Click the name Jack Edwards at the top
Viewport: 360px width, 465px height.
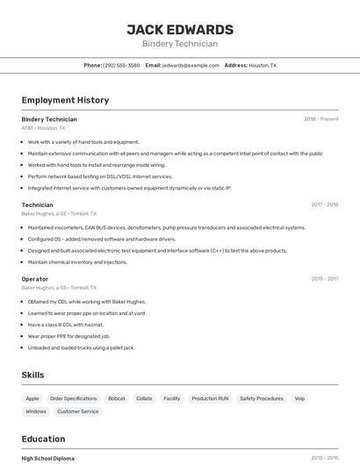point(179,30)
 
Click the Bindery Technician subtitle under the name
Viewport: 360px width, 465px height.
point(179,44)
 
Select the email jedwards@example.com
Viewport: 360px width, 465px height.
point(191,65)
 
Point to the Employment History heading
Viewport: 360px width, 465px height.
point(65,100)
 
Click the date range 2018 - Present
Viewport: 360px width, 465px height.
point(320,119)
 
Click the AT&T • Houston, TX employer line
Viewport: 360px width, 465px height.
point(43,128)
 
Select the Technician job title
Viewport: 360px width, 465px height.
point(37,204)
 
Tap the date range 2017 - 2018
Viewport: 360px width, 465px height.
point(324,204)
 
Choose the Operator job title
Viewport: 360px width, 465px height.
point(35,279)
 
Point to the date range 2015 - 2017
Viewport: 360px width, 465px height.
point(324,279)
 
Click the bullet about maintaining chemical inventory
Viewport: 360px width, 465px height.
point(77,261)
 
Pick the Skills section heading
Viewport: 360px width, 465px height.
point(32,375)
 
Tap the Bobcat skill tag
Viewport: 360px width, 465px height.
point(116,398)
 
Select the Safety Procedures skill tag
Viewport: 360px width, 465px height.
point(262,398)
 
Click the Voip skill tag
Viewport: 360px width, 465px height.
point(299,398)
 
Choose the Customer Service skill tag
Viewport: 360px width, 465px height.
point(78,411)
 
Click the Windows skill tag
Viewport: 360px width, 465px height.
point(36,411)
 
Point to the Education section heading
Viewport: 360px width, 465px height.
point(43,439)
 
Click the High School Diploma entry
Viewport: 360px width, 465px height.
point(47,458)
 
